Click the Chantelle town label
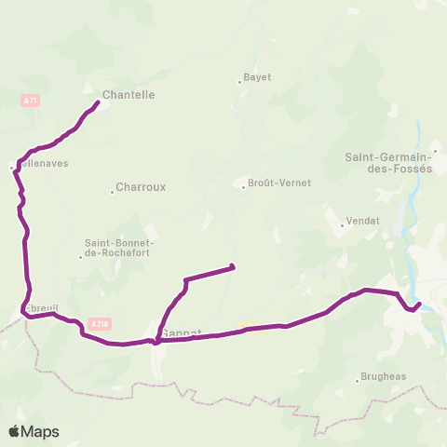click(x=129, y=95)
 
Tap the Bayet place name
click(x=257, y=77)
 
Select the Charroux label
click(x=141, y=187)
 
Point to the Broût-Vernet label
click(x=279, y=183)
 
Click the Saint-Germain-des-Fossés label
click(x=389, y=163)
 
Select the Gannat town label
click(x=183, y=332)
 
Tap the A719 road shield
click(x=101, y=323)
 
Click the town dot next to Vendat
click(x=341, y=223)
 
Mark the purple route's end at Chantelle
click(x=98, y=101)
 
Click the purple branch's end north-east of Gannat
click(x=231, y=268)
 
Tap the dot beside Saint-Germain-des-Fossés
click(x=434, y=150)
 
